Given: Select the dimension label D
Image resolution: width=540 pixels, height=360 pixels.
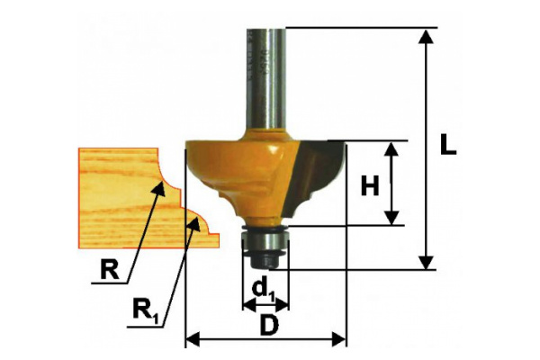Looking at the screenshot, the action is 269,325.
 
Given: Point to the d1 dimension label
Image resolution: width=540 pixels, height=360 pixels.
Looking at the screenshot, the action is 264,290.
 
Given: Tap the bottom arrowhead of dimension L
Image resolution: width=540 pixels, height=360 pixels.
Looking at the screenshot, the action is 427,262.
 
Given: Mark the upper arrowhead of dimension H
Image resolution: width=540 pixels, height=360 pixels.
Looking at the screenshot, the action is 391,148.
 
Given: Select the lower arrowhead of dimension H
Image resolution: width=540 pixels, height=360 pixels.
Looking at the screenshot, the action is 391,219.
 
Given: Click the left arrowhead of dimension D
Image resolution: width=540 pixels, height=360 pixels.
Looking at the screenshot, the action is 193,339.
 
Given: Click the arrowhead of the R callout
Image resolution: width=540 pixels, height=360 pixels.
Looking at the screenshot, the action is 159,188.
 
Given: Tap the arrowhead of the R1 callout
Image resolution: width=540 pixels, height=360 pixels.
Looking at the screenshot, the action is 194,223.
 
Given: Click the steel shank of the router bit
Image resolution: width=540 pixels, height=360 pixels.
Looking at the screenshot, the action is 265,79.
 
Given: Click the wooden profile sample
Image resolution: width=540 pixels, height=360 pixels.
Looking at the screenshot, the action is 145,198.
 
